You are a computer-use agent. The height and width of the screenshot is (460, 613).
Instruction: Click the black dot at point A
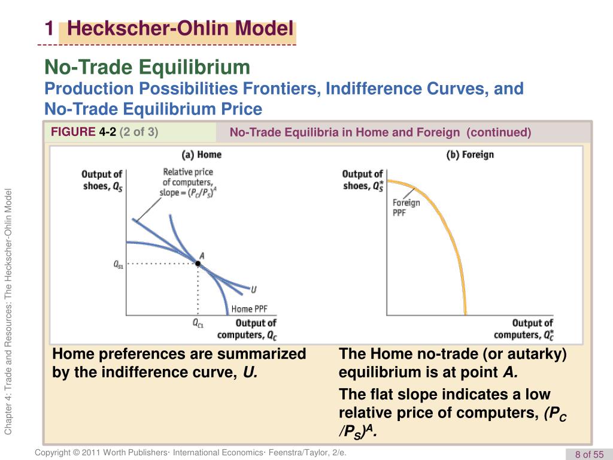pyautogui.click(x=198, y=264)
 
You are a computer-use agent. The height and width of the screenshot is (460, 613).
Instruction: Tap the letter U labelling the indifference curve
pyautogui.click(x=254, y=290)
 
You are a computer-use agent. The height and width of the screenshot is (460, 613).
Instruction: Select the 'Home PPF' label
pyautogui.click(x=250, y=309)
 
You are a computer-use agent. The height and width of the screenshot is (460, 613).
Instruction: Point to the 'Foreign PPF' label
pyautogui.click(x=406, y=208)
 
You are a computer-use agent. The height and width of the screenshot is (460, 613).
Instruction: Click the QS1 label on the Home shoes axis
pyautogui.click(x=118, y=264)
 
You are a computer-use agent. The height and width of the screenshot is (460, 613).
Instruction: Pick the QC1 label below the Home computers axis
pyautogui.click(x=198, y=323)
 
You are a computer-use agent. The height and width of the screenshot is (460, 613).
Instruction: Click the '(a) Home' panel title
pyautogui.click(x=201, y=155)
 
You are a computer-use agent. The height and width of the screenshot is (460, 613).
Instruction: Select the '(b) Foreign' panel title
pyautogui.click(x=470, y=155)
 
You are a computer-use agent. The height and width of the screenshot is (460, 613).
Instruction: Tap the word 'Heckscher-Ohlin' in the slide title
pyautogui.click(x=148, y=28)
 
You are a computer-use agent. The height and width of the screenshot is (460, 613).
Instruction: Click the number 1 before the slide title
pyautogui.click(x=49, y=29)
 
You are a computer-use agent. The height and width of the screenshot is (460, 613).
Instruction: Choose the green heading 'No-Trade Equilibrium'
pyautogui.click(x=147, y=67)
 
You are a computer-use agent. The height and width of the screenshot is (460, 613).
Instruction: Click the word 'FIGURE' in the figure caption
pyautogui.click(x=73, y=132)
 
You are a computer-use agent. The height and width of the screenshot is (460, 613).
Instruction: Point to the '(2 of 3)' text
pyautogui.click(x=139, y=132)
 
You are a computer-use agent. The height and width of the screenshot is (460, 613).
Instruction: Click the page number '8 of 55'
pyautogui.click(x=589, y=454)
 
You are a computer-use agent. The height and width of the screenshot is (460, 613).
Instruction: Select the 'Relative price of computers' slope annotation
pyautogui.click(x=187, y=182)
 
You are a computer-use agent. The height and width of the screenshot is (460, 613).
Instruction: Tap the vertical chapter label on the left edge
pyautogui.click(x=8, y=311)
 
